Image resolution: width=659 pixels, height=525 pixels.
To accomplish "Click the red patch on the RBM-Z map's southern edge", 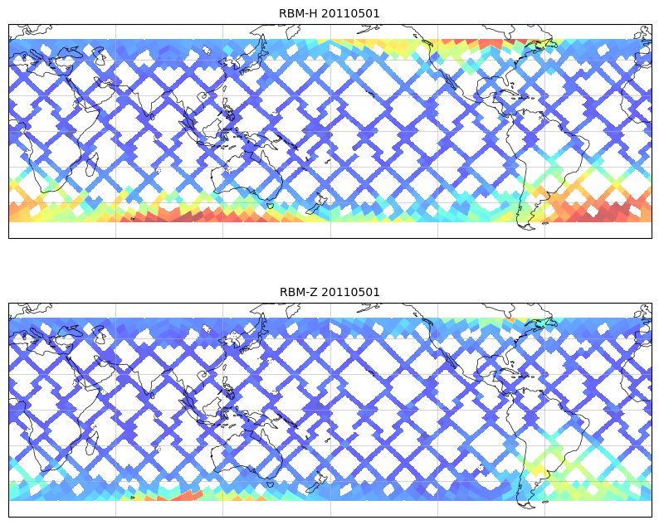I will [188, 495].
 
